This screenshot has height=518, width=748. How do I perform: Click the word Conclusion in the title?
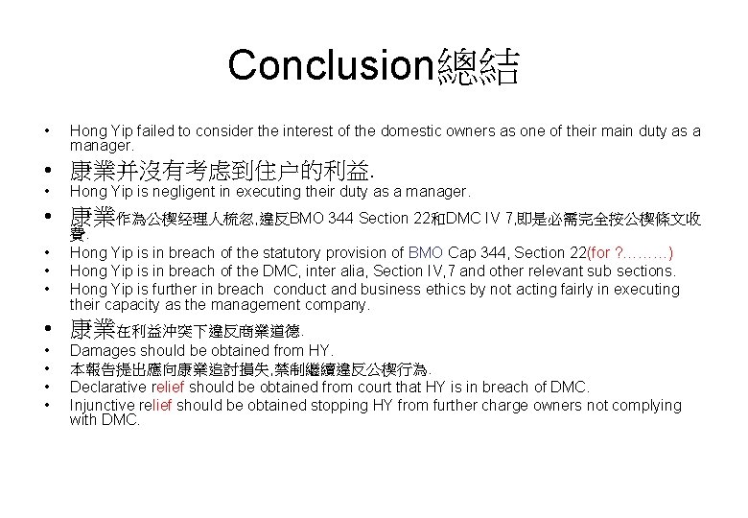click(331, 65)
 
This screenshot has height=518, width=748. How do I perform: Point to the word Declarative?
click(108, 388)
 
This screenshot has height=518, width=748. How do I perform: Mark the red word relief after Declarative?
click(171, 388)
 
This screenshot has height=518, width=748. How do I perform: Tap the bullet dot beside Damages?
click(45, 351)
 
